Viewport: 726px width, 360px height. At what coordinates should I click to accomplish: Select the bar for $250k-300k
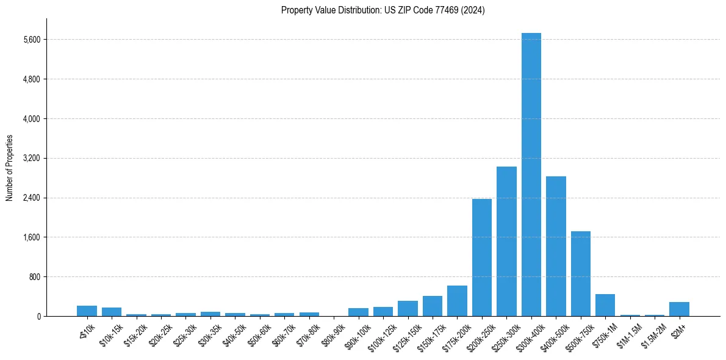click(506, 241)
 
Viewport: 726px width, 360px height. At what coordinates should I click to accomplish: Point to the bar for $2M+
click(679, 309)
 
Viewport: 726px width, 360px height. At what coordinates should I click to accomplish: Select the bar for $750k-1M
click(605, 305)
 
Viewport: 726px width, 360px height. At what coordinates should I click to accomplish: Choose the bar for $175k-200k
click(457, 301)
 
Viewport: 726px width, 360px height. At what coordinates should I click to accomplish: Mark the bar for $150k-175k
click(433, 306)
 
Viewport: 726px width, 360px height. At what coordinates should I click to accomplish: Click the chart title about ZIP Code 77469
click(383, 10)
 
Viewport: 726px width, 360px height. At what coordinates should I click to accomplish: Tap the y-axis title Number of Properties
click(10, 168)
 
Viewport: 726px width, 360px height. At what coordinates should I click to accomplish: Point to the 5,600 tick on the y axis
click(31, 40)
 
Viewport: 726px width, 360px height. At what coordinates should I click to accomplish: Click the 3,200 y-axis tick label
click(31, 158)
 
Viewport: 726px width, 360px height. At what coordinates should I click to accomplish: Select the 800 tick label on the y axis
click(34, 277)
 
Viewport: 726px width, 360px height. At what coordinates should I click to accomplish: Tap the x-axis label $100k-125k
click(382, 336)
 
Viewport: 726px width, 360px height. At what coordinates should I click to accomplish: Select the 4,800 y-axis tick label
click(31, 79)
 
